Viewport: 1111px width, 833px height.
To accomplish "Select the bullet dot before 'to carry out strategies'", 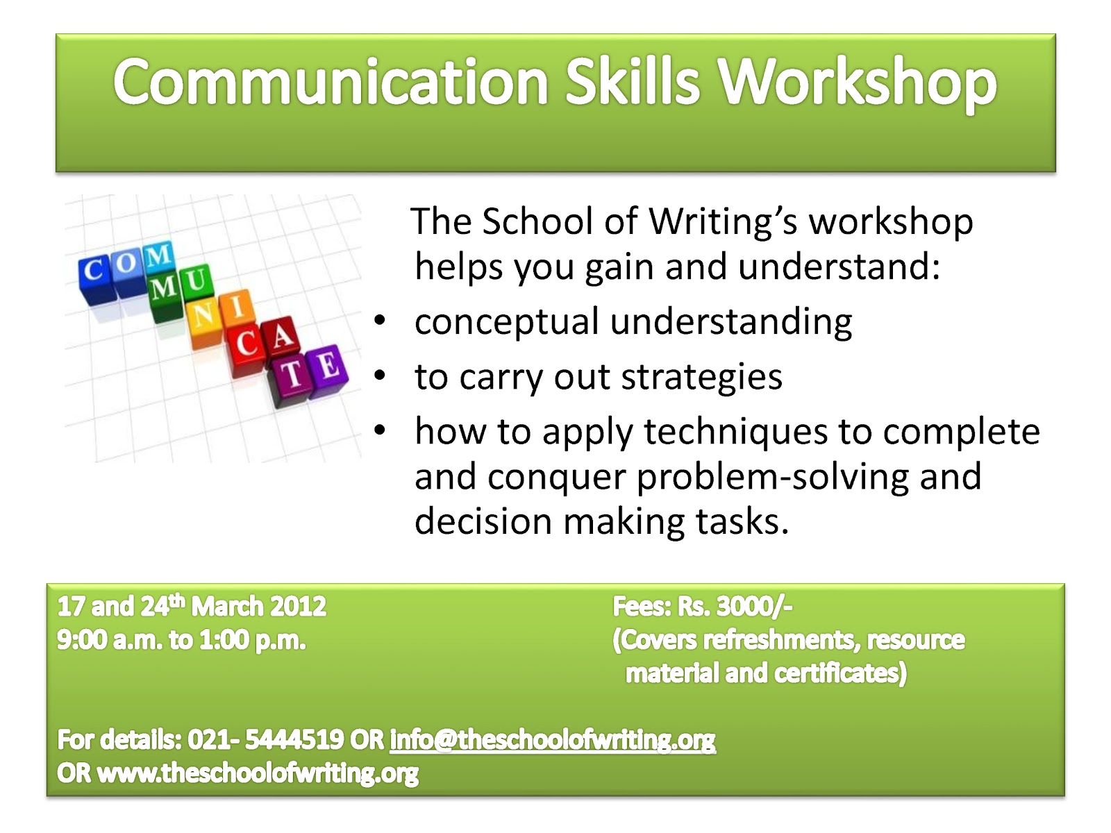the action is (x=380, y=376).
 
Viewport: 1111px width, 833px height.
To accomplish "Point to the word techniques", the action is (x=735, y=432).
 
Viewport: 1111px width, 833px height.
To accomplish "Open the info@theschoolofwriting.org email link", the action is (x=552, y=741).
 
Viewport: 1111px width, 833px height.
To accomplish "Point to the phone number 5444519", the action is (x=294, y=740).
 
